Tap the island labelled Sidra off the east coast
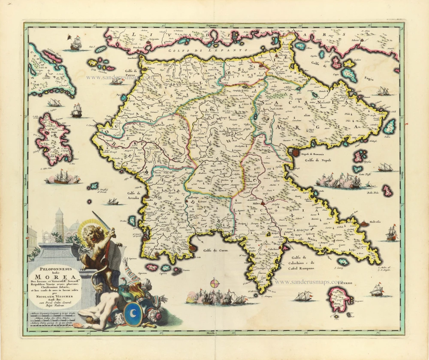point(390,127)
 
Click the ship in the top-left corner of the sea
point(74,43)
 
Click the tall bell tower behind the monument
point(59,223)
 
